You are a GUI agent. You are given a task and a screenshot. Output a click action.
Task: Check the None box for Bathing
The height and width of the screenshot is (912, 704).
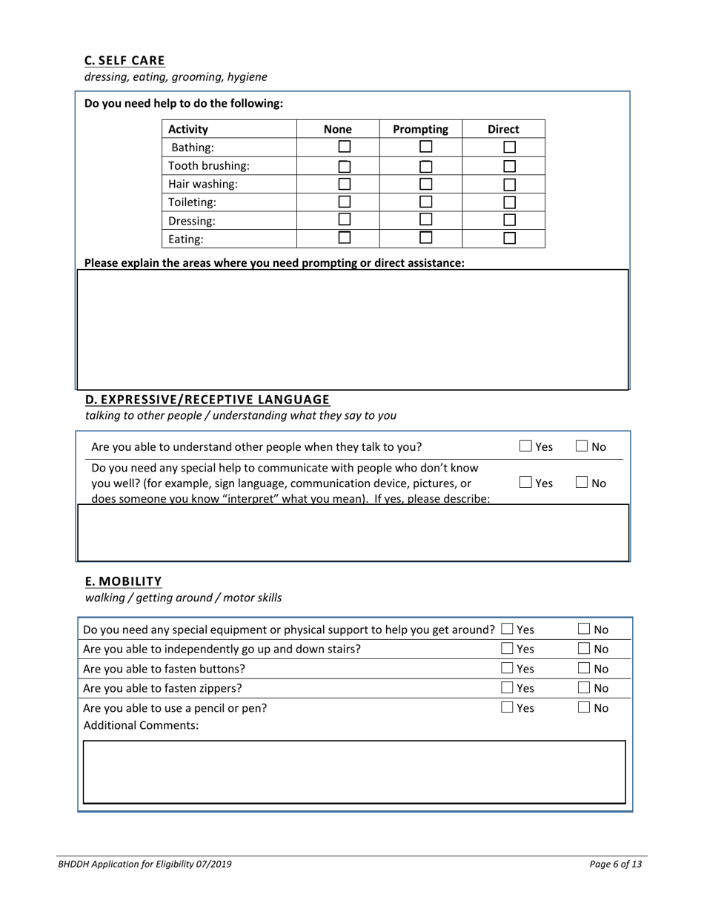point(345,147)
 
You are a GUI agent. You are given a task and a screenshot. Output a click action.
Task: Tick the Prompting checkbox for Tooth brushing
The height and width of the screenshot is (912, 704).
point(426,166)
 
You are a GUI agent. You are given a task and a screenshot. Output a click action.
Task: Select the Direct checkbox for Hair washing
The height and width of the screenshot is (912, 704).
point(510,184)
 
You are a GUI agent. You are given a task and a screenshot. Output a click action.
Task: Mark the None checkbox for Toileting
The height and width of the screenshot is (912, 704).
point(345,202)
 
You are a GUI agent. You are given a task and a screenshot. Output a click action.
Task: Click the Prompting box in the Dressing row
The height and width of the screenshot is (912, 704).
point(426,219)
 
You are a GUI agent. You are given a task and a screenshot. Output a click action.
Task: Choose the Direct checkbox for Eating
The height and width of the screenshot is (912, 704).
point(510,238)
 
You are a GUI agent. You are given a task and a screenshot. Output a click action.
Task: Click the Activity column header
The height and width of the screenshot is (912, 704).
point(188,129)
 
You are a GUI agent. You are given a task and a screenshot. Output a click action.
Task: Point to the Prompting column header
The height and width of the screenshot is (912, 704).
point(420,129)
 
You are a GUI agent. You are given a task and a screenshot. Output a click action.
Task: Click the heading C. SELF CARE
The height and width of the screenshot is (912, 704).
point(124,60)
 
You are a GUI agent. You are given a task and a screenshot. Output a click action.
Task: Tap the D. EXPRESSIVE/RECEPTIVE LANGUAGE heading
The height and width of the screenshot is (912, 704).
point(207,400)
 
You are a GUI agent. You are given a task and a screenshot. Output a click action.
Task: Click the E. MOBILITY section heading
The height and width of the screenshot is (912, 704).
point(123,581)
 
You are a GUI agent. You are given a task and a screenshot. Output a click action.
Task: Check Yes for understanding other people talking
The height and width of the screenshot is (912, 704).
point(525,446)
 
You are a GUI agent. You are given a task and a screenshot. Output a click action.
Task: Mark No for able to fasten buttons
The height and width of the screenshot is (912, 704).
point(585,669)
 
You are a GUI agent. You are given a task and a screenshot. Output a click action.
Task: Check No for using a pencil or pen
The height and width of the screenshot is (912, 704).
point(585,708)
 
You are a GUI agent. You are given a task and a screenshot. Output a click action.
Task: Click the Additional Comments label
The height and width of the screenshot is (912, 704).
point(141,726)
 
